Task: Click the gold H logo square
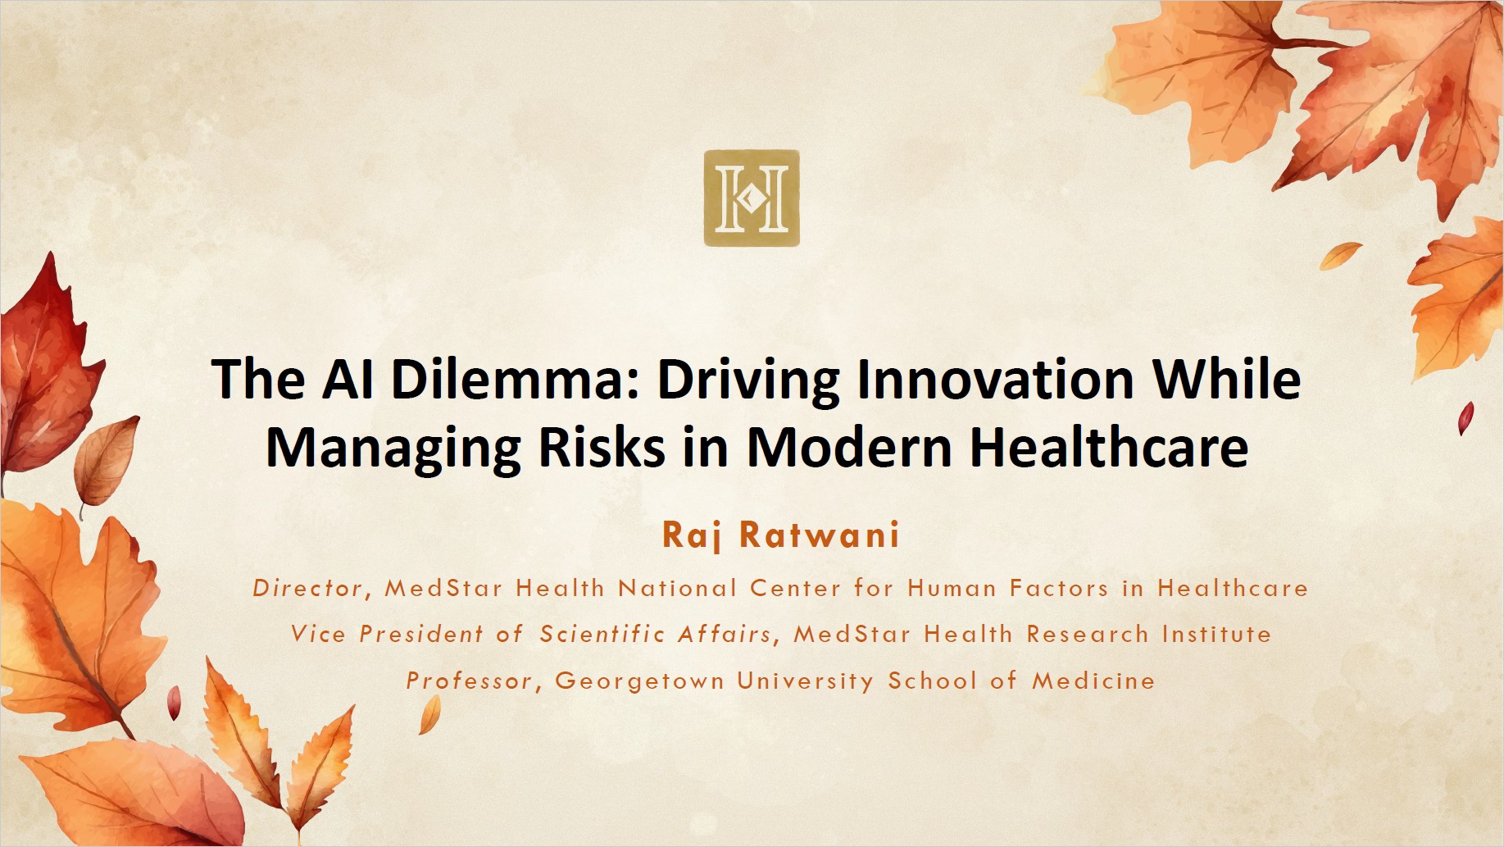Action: (x=752, y=198)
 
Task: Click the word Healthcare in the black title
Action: (x=1109, y=447)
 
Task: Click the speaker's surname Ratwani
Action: (x=820, y=535)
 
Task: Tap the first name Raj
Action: (x=692, y=535)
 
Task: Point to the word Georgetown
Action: (x=639, y=681)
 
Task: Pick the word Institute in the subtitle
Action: (x=1216, y=634)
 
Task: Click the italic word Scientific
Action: (x=602, y=634)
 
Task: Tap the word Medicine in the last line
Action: (x=1093, y=681)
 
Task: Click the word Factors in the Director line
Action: (x=1059, y=588)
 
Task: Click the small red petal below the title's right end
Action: (x=1465, y=417)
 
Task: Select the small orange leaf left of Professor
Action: (x=430, y=714)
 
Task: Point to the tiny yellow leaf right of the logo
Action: (x=1340, y=255)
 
